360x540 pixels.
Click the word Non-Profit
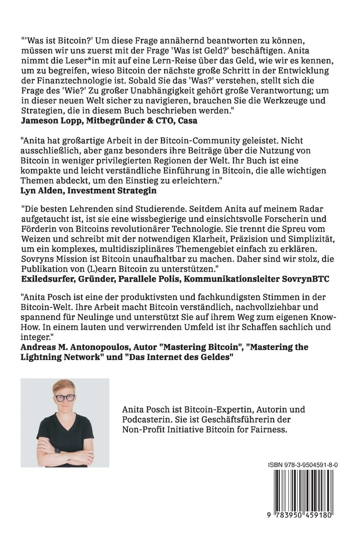142,430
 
